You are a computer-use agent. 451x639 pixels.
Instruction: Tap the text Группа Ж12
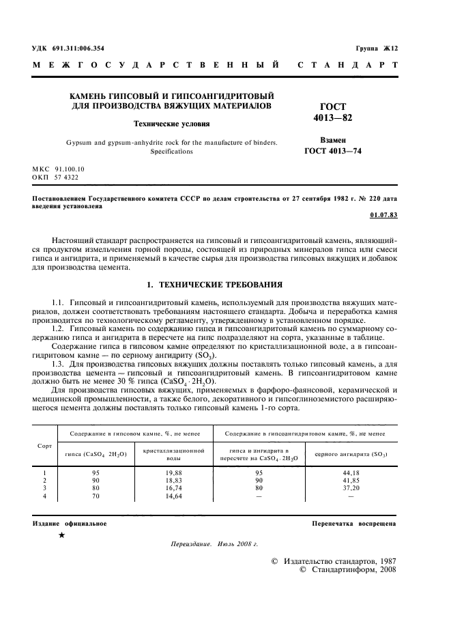(376, 49)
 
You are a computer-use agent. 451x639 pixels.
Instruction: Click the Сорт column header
(44, 445)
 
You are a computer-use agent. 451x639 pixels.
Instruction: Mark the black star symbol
(62, 536)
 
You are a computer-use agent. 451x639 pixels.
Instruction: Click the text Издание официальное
(70, 523)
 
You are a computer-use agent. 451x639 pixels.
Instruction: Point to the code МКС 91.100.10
(59, 168)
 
